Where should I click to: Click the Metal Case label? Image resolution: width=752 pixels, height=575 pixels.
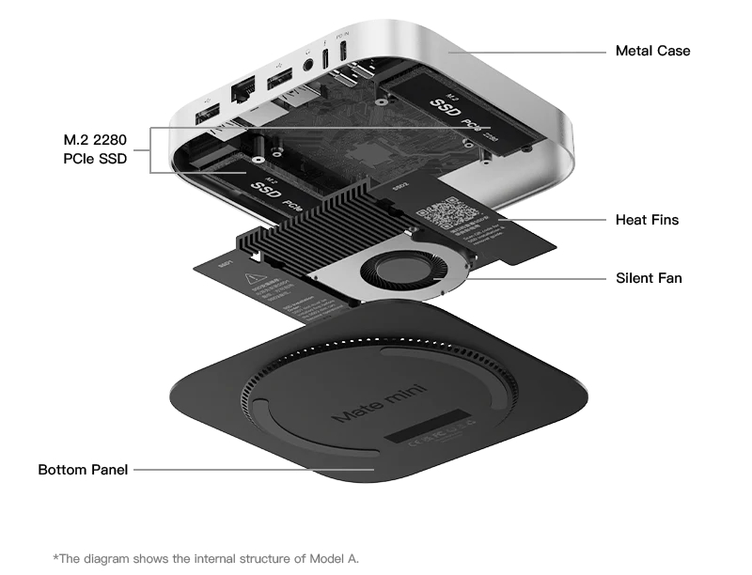pyautogui.click(x=652, y=51)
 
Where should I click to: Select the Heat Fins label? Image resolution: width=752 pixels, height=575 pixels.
pyautogui.click(x=647, y=220)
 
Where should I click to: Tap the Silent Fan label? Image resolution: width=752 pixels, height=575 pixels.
pyautogui.click(x=649, y=278)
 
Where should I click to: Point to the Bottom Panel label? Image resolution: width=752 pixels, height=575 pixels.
pyautogui.click(x=83, y=469)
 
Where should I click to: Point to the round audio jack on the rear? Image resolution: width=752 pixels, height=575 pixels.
pyautogui.click(x=309, y=65)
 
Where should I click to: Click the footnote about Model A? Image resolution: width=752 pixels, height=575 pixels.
pyautogui.click(x=206, y=558)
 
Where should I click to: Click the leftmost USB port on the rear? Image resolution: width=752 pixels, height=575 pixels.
pyautogui.click(x=206, y=117)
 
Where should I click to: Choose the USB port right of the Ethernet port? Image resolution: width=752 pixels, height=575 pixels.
pyautogui.click(x=279, y=80)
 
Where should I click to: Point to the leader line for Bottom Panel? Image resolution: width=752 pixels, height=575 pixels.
pyautogui.click(x=254, y=469)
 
